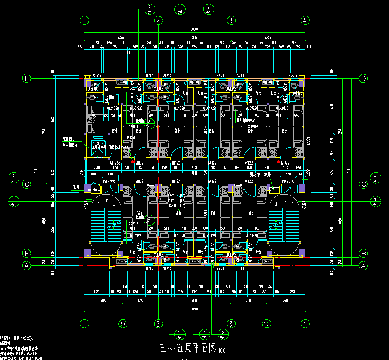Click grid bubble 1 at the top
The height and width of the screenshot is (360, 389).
[x=84, y=20]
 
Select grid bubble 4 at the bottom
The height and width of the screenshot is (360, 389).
[x=305, y=323]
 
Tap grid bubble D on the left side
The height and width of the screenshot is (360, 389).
[x=27, y=79]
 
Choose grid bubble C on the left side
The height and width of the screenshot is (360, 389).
[x=27, y=184]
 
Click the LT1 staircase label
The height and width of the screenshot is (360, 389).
[x=106, y=200]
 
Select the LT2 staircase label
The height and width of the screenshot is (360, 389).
[x=284, y=200]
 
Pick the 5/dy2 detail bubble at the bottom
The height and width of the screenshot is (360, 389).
[x=179, y=334]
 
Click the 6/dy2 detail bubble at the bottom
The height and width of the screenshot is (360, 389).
[x=223, y=334]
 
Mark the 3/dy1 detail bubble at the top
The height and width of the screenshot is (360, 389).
[x=208, y=9]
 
